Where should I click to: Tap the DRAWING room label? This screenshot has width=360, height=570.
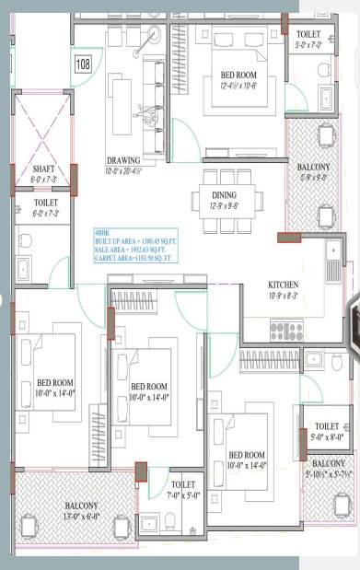tap(123, 159)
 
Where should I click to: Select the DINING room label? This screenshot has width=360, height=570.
tap(224, 195)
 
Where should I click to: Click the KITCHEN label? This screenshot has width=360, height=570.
tap(283, 285)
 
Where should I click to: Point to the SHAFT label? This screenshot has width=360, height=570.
tap(44, 169)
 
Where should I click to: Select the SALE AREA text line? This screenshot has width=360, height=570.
tap(131, 250)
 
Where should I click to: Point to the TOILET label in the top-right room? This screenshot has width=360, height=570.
tap(308, 34)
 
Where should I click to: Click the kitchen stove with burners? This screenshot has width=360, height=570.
tap(286, 330)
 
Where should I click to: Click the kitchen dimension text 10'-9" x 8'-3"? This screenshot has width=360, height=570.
tap(283, 296)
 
